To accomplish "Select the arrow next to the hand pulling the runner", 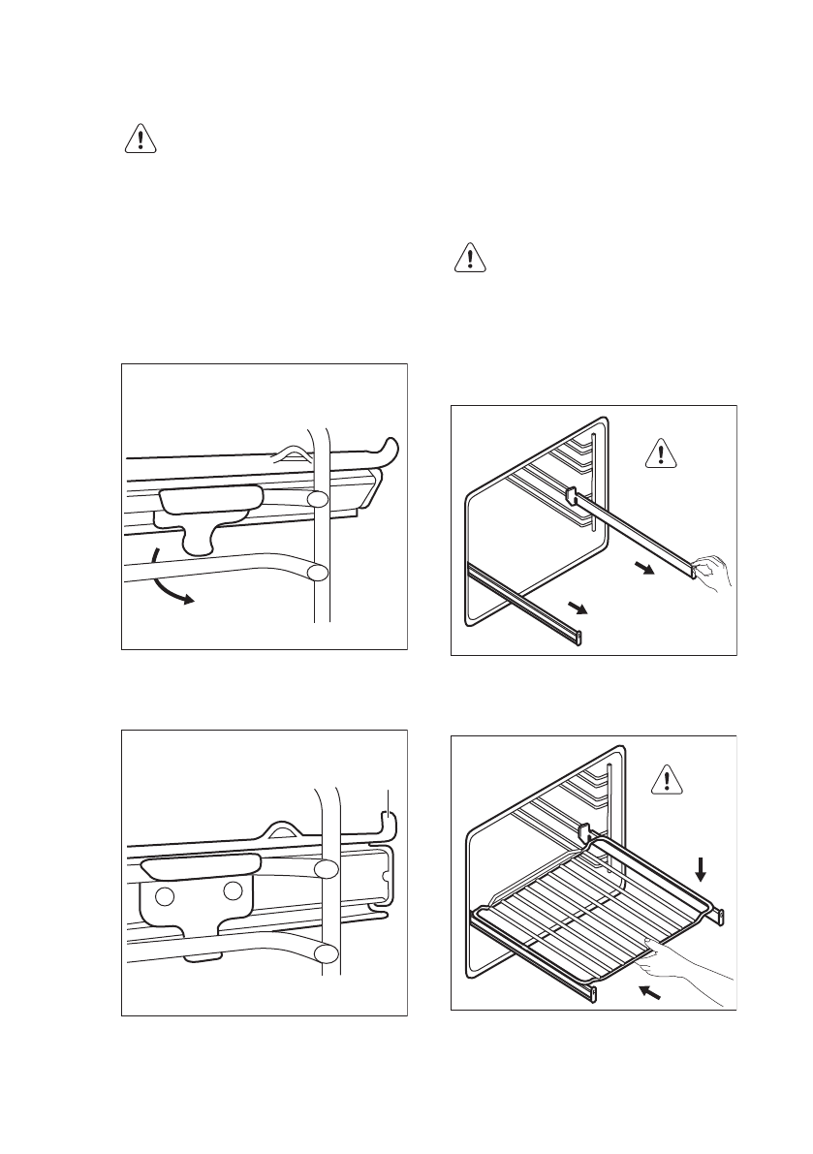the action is click(642, 570).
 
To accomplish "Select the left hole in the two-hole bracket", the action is click(165, 896).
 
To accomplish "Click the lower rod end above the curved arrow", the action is click(317, 572).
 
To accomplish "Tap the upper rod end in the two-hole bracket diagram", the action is click(327, 870).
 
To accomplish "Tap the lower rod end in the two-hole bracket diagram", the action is click(327, 954).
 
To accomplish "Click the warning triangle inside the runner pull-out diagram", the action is click(662, 452).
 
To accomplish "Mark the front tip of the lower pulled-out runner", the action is click(579, 636).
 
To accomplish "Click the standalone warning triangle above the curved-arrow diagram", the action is click(141, 140).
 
